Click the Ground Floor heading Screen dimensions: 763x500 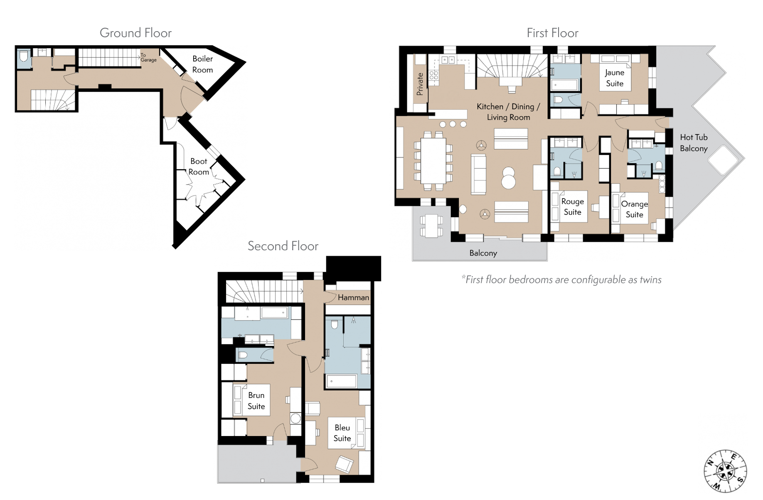135,33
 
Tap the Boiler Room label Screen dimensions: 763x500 202,64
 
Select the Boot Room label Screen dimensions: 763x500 199,167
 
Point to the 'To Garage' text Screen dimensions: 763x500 148,57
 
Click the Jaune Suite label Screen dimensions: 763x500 615,78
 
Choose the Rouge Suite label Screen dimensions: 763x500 572,207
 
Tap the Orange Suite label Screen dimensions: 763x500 634,209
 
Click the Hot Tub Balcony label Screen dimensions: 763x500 694,143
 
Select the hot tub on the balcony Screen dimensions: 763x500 723,160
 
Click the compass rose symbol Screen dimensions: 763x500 725,471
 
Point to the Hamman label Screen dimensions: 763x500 353,297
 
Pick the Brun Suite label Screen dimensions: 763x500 256,401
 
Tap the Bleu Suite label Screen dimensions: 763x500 342,433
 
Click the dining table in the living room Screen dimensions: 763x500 433,161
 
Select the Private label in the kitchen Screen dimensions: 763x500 420,84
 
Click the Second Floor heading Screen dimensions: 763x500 283,246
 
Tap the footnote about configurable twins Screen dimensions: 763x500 561,279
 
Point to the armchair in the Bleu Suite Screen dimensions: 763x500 345,464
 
